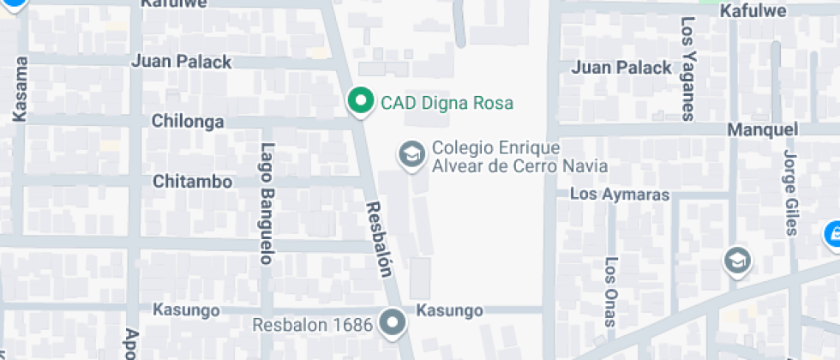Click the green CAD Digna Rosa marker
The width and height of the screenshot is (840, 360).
coord(361,101)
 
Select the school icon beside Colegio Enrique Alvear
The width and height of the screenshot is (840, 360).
coord(412,155)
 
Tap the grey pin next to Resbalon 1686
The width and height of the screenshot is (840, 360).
coord(393,323)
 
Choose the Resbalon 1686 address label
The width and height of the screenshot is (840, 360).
coord(313,325)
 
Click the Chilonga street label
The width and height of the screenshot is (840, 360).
coord(188,122)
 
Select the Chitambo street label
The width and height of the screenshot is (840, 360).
coord(192,182)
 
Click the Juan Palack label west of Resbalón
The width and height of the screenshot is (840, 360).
coord(182,62)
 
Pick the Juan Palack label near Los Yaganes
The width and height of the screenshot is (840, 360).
coord(621,68)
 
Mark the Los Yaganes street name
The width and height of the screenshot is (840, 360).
coord(687,69)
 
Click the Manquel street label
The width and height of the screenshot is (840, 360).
coord(762,130)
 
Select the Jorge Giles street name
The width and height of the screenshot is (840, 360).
coord(791,192)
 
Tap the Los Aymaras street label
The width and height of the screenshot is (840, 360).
coord(619,195)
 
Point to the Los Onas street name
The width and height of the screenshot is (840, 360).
coord(610,291)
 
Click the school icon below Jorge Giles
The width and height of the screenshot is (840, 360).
coord(735,260)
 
